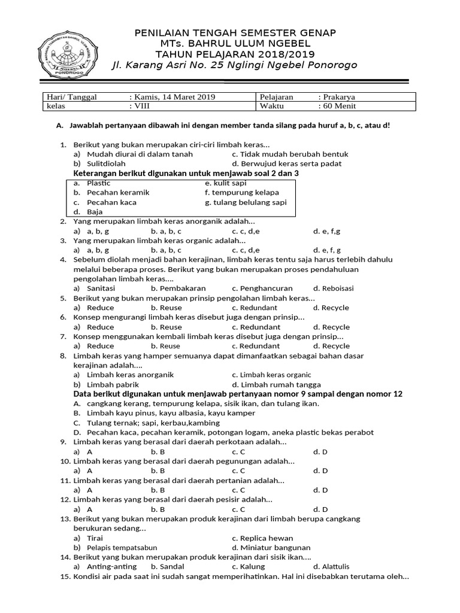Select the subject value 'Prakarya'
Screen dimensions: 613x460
pos(339,97)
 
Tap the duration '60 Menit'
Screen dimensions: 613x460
pos(339,107)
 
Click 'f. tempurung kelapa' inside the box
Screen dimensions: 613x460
pos(241,193)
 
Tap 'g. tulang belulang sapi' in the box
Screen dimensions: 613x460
pos(246,202)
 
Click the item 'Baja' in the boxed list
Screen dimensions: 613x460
pos(95,212)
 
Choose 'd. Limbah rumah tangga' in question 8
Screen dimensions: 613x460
pos(276,384)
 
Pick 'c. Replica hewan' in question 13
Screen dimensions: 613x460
pos(262,538)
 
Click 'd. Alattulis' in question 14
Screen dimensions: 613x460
pos(331,566)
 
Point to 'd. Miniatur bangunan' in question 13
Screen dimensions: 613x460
pos(271,547)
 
